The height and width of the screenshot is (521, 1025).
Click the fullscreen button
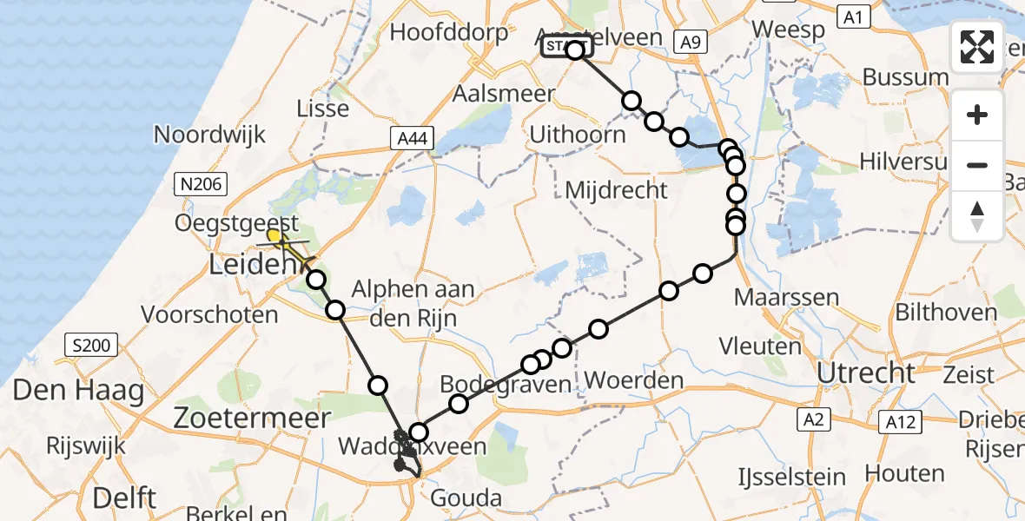[977, 46]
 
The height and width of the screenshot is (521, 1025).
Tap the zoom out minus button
[977, 165]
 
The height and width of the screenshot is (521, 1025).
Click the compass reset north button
[977, 216]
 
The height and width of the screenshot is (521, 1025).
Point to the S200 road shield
[91, 346]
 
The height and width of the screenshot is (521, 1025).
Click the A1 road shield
[852, 16]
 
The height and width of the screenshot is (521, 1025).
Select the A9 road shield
[691, 41]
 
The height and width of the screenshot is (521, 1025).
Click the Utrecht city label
[865, 373]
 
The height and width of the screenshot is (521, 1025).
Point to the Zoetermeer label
[253, 418]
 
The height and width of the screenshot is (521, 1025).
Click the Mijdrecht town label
[616, 189]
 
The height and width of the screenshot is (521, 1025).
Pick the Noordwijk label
[209, 135]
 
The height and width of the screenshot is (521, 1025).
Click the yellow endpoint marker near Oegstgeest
[274, 235]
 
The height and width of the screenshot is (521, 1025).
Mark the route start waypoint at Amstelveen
[575, 50]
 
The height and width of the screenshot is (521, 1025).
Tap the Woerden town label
[634, 380]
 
